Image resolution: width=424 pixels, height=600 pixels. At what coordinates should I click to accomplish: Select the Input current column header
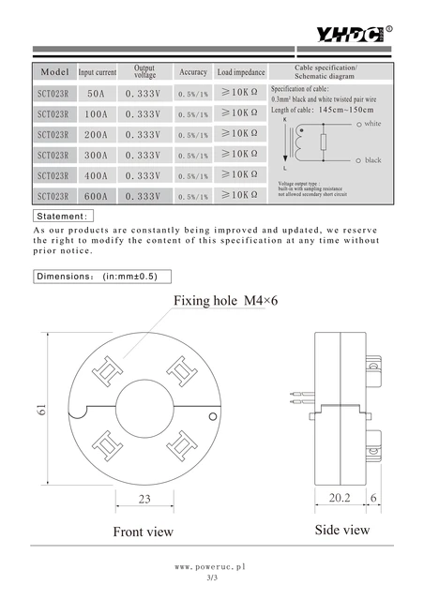coord(98,72)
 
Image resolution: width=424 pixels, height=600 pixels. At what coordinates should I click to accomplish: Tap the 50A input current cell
coord(96,93)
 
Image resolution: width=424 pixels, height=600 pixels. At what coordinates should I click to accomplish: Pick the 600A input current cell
coord(96,197)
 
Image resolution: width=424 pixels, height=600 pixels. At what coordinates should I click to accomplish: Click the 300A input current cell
coord(96,155)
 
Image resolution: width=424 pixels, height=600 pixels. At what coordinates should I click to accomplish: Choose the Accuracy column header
coord(193,72)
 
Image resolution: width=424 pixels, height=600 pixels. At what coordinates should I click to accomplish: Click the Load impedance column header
coord(241,72)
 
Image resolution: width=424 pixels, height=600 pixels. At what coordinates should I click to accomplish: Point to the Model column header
coord(54,72)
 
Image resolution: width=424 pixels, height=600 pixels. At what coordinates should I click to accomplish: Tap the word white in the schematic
coord(372,124)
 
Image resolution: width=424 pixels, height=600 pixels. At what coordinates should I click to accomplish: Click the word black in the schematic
coord(372,160)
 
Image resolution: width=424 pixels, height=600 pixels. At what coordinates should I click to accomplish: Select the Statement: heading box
coord(62,217)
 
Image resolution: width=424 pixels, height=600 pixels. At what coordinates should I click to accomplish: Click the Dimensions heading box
coord(97,277)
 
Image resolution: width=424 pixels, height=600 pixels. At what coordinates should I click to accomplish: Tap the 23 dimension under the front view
coord(145,499)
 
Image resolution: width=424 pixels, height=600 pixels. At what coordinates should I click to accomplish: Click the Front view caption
coord(143,532)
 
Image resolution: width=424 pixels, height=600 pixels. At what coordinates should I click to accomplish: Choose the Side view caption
coord(341,530)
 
